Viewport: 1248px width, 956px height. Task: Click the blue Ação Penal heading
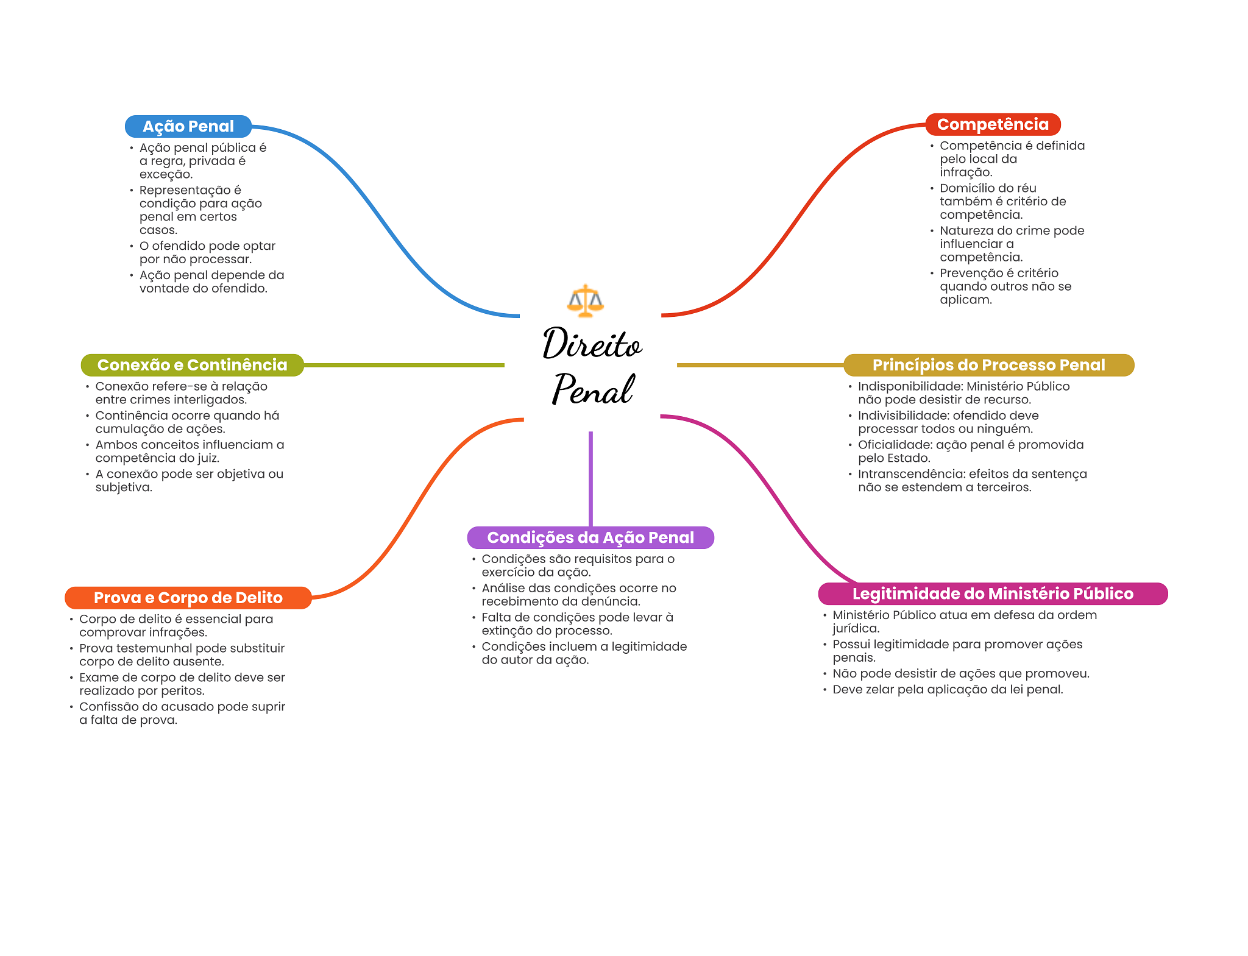click(188, 126)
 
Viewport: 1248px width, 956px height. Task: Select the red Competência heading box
click(993, 124)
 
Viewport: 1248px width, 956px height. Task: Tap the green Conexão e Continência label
click(192, 365)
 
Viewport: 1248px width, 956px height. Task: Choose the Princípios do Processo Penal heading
click(988, 365)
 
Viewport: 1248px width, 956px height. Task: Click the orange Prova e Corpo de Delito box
click(188, 598)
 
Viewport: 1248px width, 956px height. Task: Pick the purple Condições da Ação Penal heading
click(590, 537)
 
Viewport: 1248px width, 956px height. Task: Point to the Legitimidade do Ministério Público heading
click(993, 593)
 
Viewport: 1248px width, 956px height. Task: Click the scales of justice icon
click(585, 301)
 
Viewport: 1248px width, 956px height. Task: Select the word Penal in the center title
click(592, 389)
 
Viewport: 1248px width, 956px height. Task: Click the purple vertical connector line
click(590, 478)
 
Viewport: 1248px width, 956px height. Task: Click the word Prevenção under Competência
click(968, 273)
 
